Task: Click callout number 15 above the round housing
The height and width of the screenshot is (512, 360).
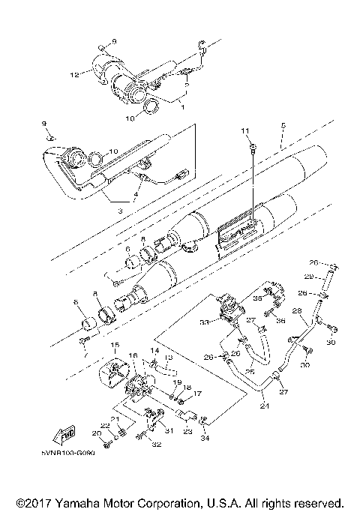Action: [115, 345]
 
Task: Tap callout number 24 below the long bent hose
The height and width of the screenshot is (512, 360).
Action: [263, 407]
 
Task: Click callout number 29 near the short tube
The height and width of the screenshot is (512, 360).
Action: [309, 277]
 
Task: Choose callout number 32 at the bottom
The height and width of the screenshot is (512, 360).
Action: [157, 445]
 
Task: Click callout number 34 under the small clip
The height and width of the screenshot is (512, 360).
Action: [205, 438]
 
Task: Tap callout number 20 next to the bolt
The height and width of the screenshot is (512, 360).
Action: [96, 434]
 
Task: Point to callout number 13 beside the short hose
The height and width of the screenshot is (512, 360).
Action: [169, 359]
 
